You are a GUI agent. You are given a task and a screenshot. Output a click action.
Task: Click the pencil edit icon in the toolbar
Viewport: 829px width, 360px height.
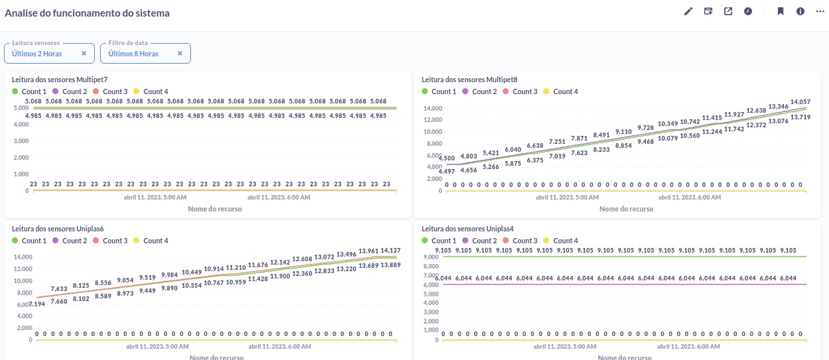[688, 11]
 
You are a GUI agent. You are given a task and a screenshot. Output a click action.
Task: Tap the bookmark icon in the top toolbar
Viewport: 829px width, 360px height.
[781, 11]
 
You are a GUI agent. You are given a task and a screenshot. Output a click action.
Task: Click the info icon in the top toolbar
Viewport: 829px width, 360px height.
[800, 11]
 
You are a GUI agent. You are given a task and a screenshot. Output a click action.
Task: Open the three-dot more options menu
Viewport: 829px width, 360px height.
[820, 11]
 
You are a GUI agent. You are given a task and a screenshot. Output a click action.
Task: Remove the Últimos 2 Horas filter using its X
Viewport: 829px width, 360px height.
[84, 54]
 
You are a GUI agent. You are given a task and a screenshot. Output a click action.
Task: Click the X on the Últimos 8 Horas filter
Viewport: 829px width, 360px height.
[180, 54]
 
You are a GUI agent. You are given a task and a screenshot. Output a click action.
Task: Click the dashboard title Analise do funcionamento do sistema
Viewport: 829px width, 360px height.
[87, 13]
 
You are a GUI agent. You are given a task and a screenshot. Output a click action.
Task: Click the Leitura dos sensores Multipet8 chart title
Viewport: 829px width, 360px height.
[470, 80]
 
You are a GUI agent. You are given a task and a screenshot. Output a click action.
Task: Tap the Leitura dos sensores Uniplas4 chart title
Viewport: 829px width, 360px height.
[468, 229]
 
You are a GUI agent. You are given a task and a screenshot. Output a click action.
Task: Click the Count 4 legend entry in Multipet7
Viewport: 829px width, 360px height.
[155, 91]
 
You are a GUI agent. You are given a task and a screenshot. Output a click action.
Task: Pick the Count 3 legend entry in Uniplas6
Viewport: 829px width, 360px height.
[115, 241]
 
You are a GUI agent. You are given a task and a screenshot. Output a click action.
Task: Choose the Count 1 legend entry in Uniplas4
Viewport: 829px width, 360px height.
[444, 241]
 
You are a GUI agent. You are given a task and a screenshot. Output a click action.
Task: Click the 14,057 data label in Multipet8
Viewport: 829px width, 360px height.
[800, 101]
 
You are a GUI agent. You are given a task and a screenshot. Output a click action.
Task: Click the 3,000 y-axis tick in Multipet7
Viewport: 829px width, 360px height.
[21, 141]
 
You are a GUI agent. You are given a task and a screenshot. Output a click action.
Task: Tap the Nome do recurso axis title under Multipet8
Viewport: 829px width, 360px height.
[626, 209]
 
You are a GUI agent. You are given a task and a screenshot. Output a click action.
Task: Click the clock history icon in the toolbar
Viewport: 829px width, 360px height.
[748, 11]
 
